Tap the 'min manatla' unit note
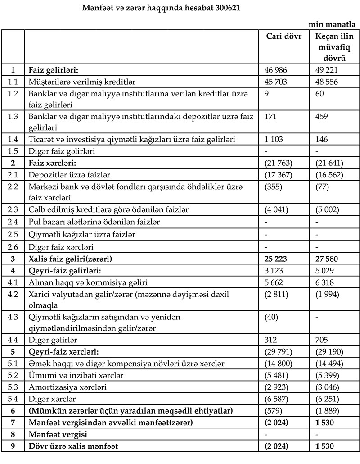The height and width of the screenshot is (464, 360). [333, 25]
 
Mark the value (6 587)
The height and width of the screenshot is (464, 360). [279, 399]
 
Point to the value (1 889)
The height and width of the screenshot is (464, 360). [327, 411]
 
